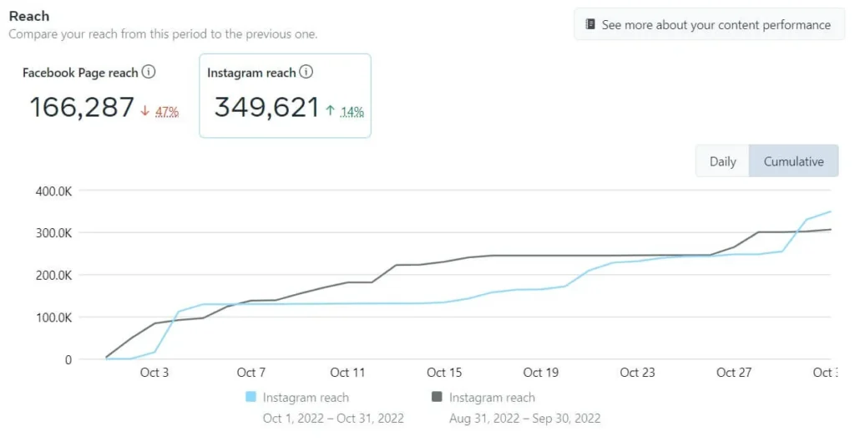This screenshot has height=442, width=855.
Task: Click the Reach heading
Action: point(29,16)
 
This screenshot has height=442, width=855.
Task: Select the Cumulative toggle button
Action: point(793,161)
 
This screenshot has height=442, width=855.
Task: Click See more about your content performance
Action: point(716,25)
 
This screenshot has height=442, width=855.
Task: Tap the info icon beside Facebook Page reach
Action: point(149,72)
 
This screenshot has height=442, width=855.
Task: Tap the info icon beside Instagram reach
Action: point(306,72)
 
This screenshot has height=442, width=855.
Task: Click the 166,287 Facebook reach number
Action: point(82,107)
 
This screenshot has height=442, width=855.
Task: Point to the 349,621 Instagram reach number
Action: point(266,107)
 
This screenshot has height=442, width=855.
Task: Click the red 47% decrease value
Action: point(167,111)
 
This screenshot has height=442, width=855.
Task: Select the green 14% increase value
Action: point(352,111)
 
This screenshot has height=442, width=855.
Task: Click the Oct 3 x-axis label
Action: point(154,373)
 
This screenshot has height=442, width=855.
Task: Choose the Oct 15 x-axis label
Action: point(444,373)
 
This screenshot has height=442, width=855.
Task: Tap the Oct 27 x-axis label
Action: point(734,373)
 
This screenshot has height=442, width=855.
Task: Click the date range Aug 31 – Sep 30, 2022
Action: point(524,418)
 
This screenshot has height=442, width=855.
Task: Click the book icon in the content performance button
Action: point(590,25)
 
